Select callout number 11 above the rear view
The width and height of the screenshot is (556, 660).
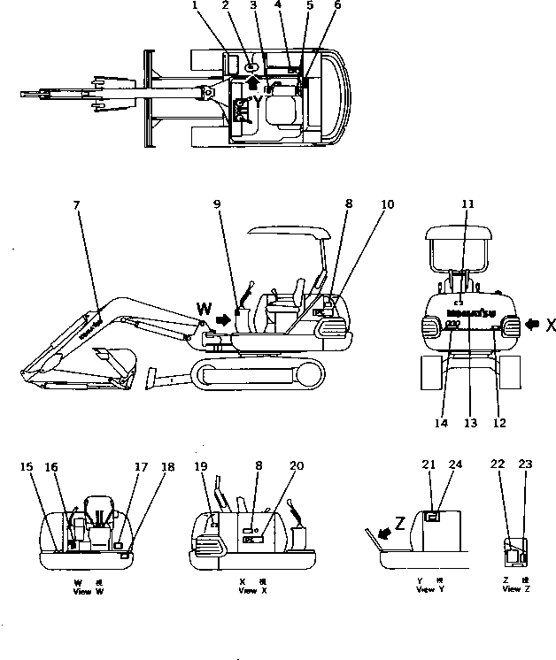tap(468, 203)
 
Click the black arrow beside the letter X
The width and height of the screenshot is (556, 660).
tap(531, 325)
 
